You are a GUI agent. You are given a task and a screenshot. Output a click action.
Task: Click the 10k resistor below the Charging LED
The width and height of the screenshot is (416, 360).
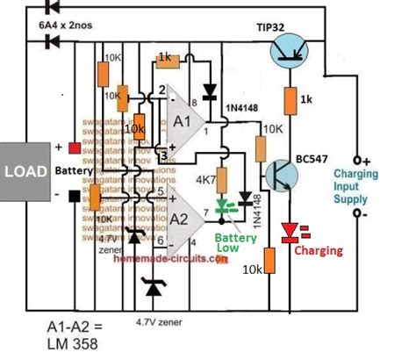[269, 260]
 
